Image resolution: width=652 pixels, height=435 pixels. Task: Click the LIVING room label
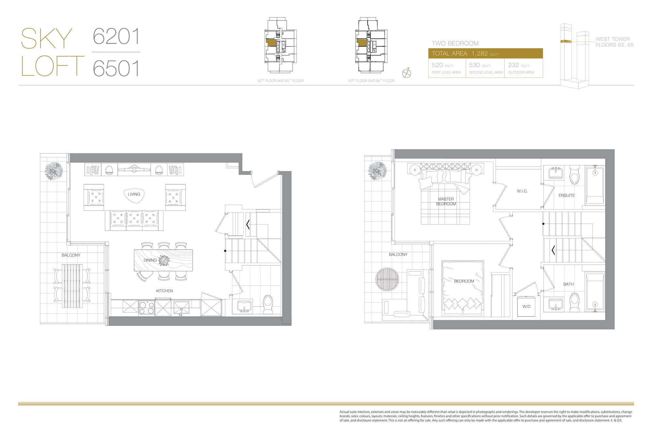[134, 194]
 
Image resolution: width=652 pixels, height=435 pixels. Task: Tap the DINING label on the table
[150, 260]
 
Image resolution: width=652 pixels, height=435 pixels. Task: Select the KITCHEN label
[164, 291]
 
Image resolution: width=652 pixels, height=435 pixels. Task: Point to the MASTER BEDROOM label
[446, 201]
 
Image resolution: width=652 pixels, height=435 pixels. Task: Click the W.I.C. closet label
[522, 191]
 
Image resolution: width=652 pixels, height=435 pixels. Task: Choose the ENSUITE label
[567, 195]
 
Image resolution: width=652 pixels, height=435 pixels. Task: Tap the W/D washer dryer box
[526, 306]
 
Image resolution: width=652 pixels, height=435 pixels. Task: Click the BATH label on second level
[569, 284]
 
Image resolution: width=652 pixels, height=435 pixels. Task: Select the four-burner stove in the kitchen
[147, 308]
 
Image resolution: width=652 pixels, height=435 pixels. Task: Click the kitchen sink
[181, 308]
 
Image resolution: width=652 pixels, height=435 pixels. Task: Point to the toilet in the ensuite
[574, 175]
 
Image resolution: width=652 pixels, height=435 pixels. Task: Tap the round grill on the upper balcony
[387, 279]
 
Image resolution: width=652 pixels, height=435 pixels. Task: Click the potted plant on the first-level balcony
[54, 171]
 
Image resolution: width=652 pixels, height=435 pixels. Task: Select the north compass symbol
[407, 73]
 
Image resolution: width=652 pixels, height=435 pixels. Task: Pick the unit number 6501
[116, 68]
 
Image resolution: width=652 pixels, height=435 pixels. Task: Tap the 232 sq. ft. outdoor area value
[513, 65]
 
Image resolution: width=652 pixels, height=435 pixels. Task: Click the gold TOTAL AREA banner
[485, 54]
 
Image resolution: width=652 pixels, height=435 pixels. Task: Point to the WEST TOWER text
[613, 39]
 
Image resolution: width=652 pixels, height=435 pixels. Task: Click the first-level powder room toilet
[268, 304]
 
